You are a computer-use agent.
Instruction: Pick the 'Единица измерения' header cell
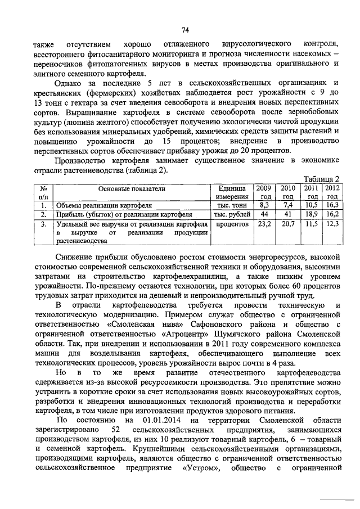(x=231, y=192)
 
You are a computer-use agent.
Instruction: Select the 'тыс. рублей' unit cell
(x=231, y=214)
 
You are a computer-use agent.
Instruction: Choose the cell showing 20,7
(x=287, y=224)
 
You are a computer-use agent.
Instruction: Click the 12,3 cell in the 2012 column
(x=332, y=224)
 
